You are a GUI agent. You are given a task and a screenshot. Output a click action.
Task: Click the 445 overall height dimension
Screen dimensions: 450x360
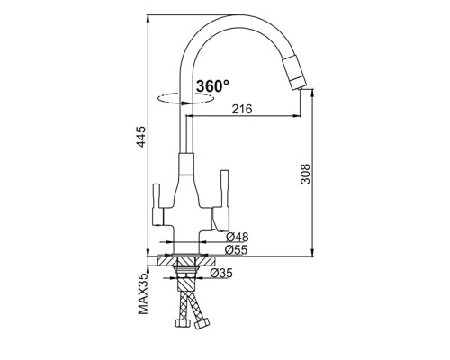pos(141,137)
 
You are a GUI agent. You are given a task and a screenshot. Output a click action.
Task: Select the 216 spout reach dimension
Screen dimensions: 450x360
pos(242,109)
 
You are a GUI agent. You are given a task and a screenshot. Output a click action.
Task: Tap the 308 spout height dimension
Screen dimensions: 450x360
pos(305,174)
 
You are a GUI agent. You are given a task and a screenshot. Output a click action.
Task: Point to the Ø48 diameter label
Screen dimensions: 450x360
pos(238,238)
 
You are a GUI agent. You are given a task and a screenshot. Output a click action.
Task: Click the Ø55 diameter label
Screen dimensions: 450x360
pos(237,250)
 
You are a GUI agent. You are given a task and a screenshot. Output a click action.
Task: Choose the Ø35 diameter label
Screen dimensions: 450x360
pos(221,273)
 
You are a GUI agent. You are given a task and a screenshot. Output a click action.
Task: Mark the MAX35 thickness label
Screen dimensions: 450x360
pos(143,294)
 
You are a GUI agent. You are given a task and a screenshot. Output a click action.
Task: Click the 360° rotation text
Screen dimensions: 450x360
pos(212,86)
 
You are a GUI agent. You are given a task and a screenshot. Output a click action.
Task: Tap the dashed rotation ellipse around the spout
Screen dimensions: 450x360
pos(186,97)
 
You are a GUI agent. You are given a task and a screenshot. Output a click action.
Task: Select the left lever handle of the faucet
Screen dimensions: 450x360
pos(157,204)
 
